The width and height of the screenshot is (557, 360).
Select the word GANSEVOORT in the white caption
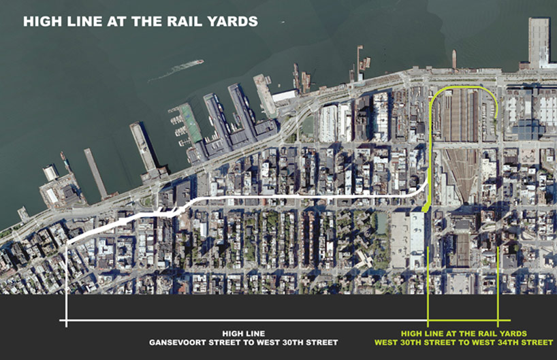pyautogui.click(x=180, y=342)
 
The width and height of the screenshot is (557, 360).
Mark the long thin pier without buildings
pyautogui.click(x=95, y=173)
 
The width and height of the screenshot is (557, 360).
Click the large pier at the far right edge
pyautogui.click(x=539, y=41)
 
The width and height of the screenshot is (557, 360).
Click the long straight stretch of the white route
pyautogui.click(x=306, y=197)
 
